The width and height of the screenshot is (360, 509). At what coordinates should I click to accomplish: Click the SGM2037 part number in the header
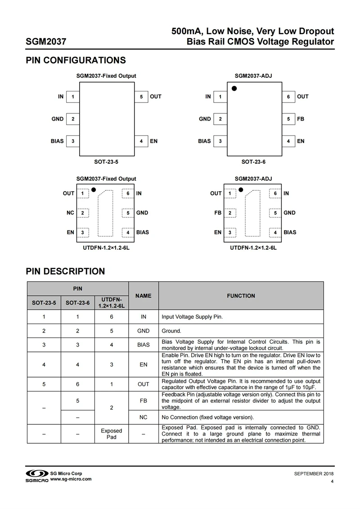coord(46,42)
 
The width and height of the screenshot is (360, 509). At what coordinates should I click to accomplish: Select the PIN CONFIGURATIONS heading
coord(76,60)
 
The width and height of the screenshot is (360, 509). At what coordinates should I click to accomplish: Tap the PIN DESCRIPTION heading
coord(65,271)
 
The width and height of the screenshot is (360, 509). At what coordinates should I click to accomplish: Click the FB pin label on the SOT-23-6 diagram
coord(301,119)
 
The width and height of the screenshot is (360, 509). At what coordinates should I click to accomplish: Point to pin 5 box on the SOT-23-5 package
coord(141,96)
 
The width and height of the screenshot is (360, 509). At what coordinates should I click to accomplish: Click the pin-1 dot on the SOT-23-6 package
coord(234,88)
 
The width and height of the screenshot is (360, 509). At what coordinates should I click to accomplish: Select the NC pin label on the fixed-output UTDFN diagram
coord(70,212)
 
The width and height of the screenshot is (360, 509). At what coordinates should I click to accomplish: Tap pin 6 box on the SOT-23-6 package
coord(288,96)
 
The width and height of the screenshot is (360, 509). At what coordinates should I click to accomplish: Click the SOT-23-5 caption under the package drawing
coord(107,161)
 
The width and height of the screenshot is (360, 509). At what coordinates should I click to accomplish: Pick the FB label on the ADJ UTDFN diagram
coord(218,212)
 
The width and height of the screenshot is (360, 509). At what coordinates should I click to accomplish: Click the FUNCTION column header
coord(241,296)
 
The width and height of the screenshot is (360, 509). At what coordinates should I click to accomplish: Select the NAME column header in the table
coord(144,296)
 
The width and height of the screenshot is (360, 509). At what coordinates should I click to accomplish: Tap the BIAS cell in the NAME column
coord(144,345)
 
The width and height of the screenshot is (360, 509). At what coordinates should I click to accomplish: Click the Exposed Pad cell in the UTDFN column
coord(111,434)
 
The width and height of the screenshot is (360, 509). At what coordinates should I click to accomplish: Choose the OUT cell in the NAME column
coord(144,384)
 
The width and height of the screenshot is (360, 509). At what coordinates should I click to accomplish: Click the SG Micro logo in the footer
coord(36,476)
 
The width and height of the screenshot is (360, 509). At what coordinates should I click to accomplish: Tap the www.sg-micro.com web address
coord(71,479)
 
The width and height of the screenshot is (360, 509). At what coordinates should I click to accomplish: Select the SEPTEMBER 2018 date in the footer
coord(314,473)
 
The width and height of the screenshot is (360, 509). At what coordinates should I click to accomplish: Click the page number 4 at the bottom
coord(332,482)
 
